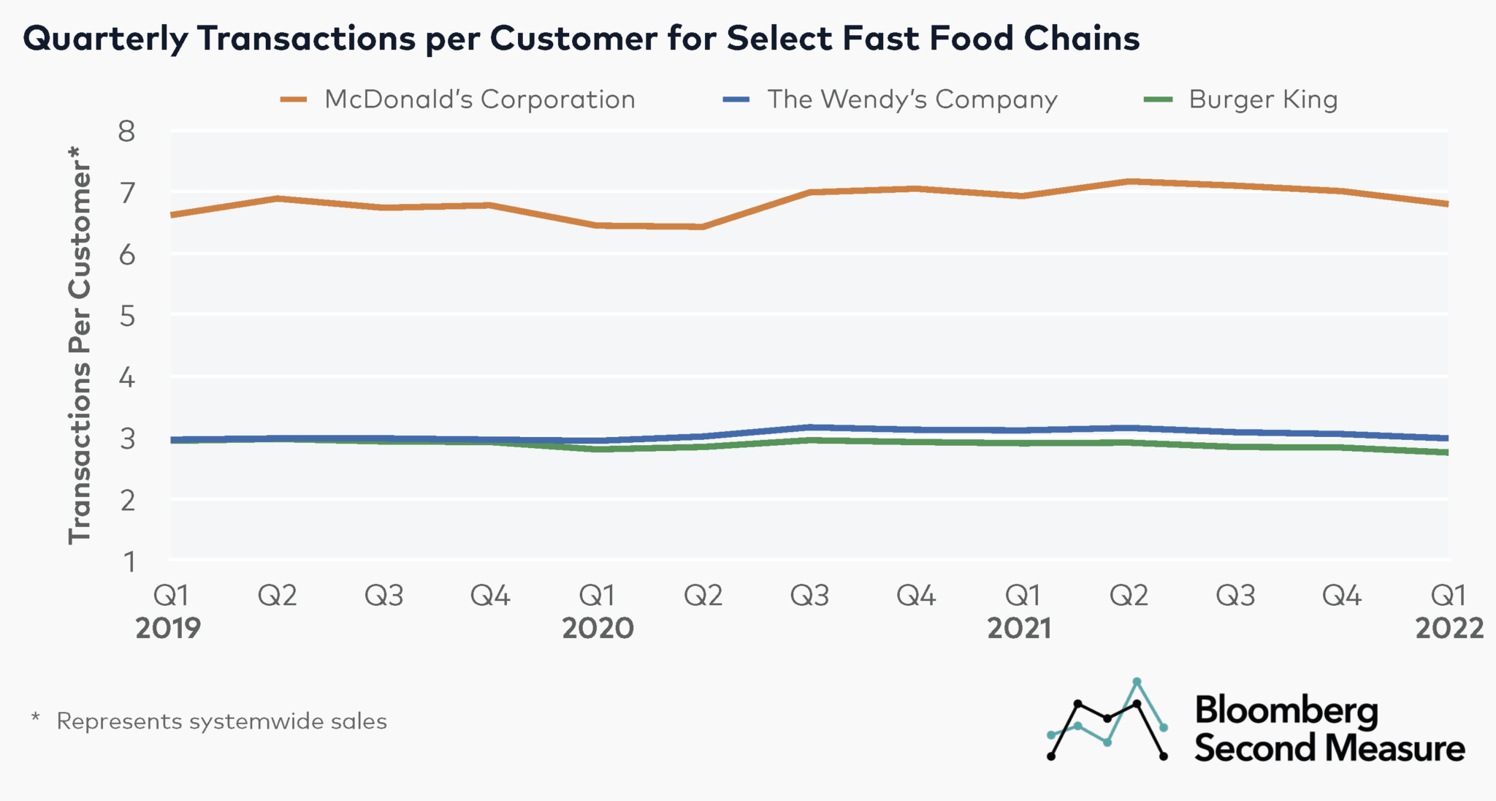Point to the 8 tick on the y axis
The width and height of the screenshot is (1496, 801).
click(127, 132)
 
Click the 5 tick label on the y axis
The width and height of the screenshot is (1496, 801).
click(127, 316)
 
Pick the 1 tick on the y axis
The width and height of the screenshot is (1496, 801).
click(129, 561)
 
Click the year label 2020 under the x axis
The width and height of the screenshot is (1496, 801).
click(598, 629)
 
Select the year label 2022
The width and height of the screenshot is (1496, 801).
click(1449, 629)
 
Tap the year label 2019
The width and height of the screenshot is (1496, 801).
click(168, 629)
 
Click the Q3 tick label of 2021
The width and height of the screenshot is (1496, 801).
click(1235, 596)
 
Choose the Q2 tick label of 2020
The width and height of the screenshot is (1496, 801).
click(703, 596)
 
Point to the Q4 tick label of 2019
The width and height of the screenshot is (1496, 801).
click(490, 596)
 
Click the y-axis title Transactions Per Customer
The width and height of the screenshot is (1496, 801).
click(80, 343)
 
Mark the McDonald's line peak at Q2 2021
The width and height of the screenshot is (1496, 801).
click(1129, 181)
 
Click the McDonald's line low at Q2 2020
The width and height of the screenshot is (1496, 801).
click(703, 227)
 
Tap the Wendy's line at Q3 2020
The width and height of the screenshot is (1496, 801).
click(809, 427)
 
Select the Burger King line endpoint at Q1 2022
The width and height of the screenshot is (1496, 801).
click(1448, 452)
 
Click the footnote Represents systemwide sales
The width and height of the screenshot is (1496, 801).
click(221, 721)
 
